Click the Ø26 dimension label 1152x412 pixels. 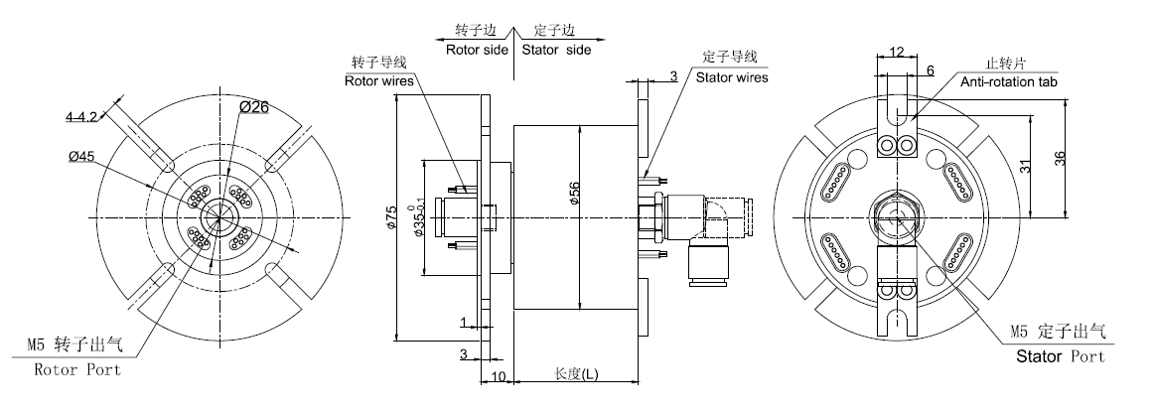pos(256,108)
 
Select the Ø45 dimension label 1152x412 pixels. pos(81,156)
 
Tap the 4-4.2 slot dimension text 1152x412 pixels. pos(82,117)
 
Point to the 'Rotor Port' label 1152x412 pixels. pos(77,369)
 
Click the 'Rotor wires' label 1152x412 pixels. pos(375,81)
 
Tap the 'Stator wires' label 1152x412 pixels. pos(731,76)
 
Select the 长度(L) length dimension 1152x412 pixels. pos(576,374)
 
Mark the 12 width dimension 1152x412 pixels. pos(897,52)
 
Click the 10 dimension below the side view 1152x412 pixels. pos(498,376)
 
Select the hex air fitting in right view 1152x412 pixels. pos(896,217)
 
